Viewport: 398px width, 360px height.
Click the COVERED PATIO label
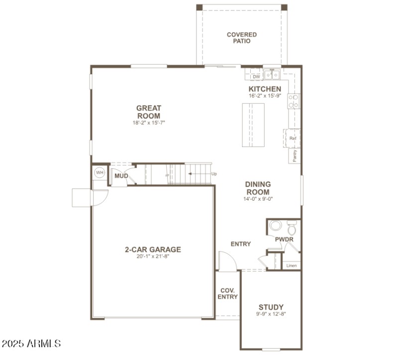[x=242, y=38]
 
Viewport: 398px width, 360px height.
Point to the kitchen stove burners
[x=293, y=101]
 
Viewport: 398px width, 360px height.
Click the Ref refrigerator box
[x=293, y=138]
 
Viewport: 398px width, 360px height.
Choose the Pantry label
[x=295, y=156]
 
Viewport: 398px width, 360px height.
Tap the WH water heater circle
[x=99, y=173]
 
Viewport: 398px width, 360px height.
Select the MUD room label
[x=121, y=176]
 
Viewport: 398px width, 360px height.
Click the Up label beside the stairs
[x=214, y=174]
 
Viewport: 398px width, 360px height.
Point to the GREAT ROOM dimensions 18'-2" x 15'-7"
[x=149, y=122]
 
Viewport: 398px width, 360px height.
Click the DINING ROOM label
[x=258, y=188]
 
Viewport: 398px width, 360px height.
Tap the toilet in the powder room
[x=292, y=229]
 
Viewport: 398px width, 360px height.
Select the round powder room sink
[x=275, y=227]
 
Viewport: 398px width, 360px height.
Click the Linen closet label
[x=292, y=265]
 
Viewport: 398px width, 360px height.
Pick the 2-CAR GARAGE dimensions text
[x=152, y=257]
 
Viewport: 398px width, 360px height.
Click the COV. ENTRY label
[x=227, y=293]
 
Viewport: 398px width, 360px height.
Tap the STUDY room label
[x=271, y=307]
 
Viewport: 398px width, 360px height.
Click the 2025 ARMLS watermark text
[x=31, y=344]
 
